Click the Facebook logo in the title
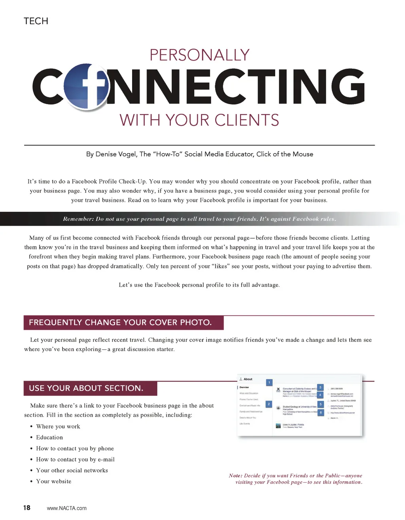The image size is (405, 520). (86, 86)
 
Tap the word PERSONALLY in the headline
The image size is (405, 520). (199, 55)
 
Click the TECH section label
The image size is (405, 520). (36, 21)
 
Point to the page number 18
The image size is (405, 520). (26, 508)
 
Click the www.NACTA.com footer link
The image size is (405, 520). (66, 508)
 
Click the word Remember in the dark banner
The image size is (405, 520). (78, 219)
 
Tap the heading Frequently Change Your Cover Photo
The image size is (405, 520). (120, 323)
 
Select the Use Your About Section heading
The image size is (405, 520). (86, 388)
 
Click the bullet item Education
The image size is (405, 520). (49, 437)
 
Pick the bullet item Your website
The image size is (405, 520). (54, 481)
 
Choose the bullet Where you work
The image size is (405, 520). (58, 426)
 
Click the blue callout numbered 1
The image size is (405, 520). (269, 382)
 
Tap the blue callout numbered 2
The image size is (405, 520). (269, 404)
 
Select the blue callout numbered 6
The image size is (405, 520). (321, 413)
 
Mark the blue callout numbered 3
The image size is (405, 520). (320, 387)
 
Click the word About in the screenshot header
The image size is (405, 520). (248, 379)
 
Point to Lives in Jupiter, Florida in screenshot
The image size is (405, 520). (293, 425)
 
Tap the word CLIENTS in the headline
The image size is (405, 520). (246, 120)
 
